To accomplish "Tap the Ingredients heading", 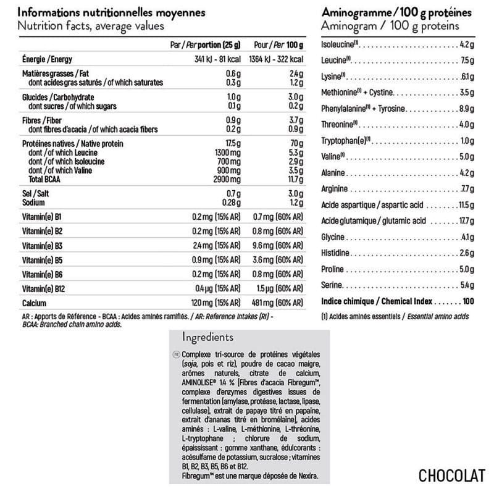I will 207,337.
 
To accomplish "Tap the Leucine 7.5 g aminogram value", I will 466,61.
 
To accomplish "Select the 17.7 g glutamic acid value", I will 464,221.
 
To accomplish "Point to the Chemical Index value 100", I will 467,301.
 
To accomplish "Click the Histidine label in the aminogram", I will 337,253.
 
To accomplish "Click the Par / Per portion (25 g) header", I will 205,46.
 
